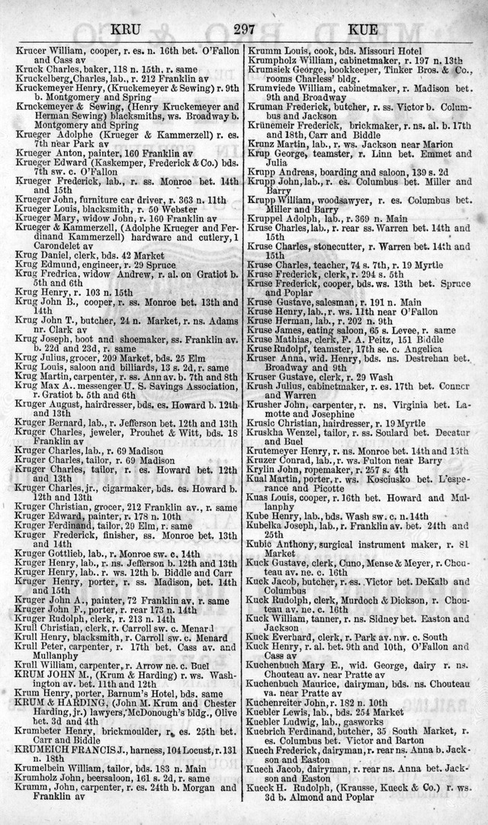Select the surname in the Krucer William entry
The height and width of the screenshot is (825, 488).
31,51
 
